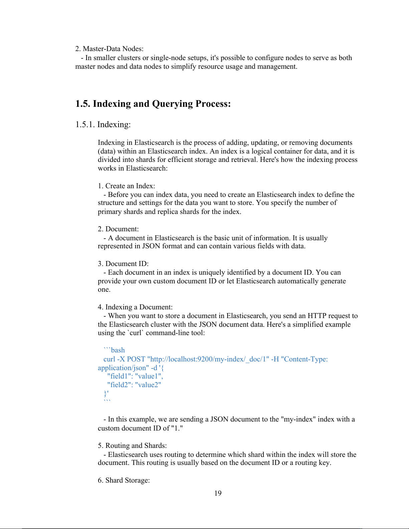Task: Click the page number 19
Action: pyautogui.click(x=218, y=493)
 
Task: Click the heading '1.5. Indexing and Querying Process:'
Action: pyautogui.click(x=153, y=104)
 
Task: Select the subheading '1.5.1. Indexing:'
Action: pyautogui.click(x=103, y=124)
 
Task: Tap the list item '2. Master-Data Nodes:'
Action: pyautogui.click(x=109, y=49)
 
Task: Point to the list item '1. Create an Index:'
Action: pyautogui.click(x=126, y=186)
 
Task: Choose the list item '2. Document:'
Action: pyautogui.click(x=118, y=229)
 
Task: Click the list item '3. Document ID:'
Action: pyautogui.click(x=123, y=264)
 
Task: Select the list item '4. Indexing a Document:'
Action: pyautogui.click(x=135, y=307)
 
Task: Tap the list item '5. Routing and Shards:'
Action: pyautogui.click(x=132, y=446)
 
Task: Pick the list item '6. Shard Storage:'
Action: pyautogui.click(x=124, y=480)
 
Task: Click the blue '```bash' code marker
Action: pyautogui.click(x=114, y=350)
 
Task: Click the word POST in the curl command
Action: pyautogui.click(x=136, y=359)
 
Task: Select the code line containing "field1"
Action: pyautogui.click(x=135, y=376)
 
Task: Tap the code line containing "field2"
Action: pyautogui.click(x=134, y=385)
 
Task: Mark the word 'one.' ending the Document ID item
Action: pyautogui.click(x=104, y=290)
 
